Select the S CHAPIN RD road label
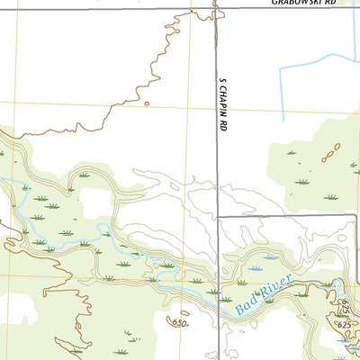(x=220, y=106)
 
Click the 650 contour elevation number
(x=180, y=323)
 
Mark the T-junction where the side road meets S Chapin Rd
(x=217, y=217)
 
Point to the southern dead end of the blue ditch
(x=283, y=121)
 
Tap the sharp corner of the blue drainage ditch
(x=283, y=67)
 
